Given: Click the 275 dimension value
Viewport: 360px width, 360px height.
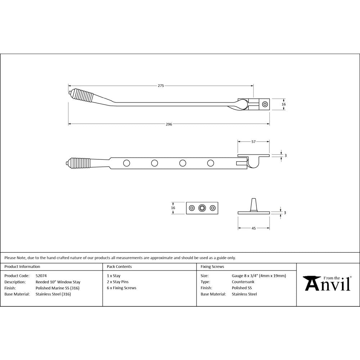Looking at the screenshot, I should click(x=161, y=86).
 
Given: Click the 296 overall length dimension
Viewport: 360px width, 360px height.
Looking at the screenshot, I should click(x=169, y=124).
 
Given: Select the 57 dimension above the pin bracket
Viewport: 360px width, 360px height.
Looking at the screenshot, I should click(x=253, y=142).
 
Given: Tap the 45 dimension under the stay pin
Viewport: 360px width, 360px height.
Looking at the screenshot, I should click(x=253, y=228).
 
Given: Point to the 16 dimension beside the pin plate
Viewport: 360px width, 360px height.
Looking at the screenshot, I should click(x=173, y=208).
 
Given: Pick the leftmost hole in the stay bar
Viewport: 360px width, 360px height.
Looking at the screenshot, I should click(x=126, y=163).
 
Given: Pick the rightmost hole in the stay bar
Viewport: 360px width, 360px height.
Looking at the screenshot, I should click(x=211, y=163).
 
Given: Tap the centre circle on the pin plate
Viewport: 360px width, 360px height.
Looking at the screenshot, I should click(x=202, y=208).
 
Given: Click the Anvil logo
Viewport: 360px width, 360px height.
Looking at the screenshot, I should click(x=327, y=283).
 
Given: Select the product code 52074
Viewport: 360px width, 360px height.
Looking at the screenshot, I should click(x=41, y=276).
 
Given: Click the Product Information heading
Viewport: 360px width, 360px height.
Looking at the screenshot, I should click(x=22, y=267).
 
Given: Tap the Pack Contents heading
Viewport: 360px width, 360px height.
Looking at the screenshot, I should click(x=119, y=267).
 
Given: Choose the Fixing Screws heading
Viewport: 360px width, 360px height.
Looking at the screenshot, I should click(x=212, y=267).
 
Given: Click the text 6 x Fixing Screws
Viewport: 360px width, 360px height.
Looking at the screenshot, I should click(x=122, y=288).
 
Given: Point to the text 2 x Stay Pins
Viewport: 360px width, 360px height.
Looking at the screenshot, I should click(x=118, y=282).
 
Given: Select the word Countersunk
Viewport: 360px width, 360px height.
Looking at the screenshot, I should click(x=243, y=282).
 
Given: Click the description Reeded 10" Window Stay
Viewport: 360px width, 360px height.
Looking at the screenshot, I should click(x=58, y=282).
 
